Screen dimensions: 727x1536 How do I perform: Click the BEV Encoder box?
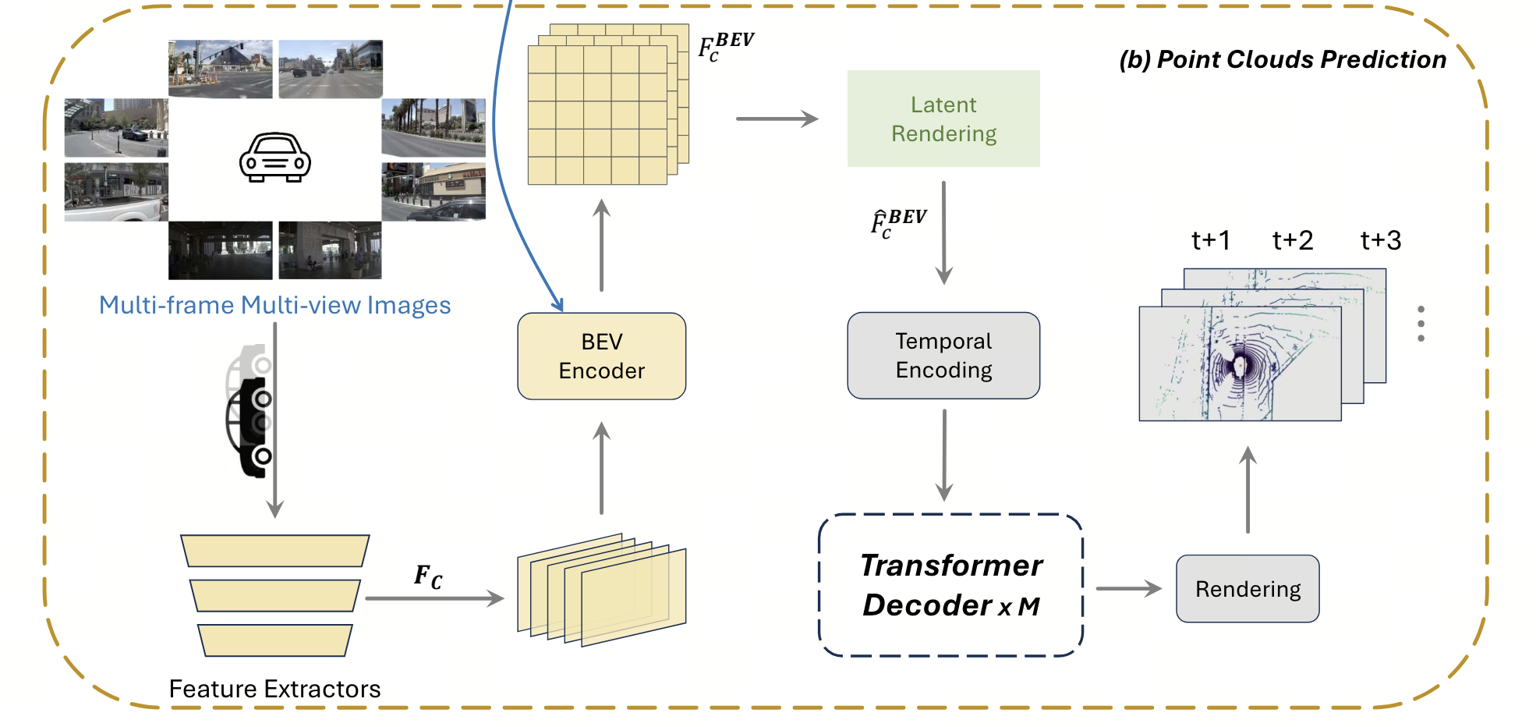pyautogui.click(x=601, y=356)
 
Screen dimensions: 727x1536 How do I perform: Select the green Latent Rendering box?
pyautogui.click(x=943, y=119)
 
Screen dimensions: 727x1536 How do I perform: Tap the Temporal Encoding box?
pyautogui.click(x=943, y=356)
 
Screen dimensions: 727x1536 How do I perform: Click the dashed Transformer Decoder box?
pyautogui.click(x=950, y=585)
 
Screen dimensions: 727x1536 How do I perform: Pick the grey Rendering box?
pyautogui.click(x=1248, y=589)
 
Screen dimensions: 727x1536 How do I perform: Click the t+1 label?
pyautogui.click(x=1211, y=240)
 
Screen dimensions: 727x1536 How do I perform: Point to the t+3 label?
pyautogui.click(x=1380, y=240)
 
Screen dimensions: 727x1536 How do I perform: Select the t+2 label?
pyautogui.click(x=1293, y=240)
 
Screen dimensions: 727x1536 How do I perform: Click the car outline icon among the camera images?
pyautogui.click(x=274, y=158)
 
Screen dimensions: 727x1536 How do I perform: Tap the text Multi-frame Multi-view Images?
pyautogui.click(x=274, y=305)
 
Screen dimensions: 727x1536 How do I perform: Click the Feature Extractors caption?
pyautogui.click(x=274, y=689)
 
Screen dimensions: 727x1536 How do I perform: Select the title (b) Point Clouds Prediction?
pyautogui.click(x=1283, y=59)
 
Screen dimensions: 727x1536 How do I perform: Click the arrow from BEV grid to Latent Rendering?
pyautogui.click(x=777, y=119)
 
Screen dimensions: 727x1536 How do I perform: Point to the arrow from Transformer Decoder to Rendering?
pyautogui.click(x=1128, y=589)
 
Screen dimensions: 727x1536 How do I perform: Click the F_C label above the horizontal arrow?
pyautogui.click(x=428, y=577)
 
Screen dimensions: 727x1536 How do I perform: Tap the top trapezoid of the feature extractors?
pyautogui.click(x=274, y=550)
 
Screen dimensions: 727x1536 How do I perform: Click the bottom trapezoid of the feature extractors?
pyautogui.click(x=274, y=640)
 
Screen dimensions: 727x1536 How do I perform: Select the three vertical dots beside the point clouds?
pyautogui.click(x=1421, y=324)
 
